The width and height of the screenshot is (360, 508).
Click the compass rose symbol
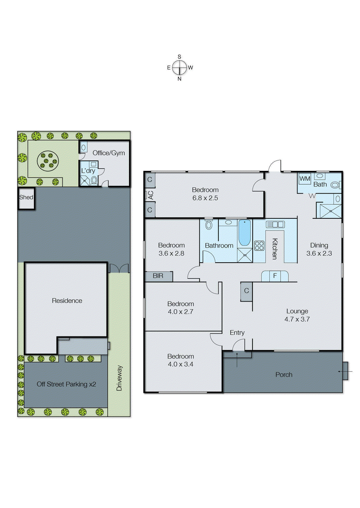180,67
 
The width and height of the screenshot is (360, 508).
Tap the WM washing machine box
304,179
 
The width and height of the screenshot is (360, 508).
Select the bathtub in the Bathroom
244,233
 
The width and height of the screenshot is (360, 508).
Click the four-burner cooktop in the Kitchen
259,246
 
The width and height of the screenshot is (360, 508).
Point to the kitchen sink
275,224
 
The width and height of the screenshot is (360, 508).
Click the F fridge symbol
275,276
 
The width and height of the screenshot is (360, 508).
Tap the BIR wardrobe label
158,276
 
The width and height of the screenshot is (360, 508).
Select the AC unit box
150,195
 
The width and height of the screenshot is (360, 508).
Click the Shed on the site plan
26,197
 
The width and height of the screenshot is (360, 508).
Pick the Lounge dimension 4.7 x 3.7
297,319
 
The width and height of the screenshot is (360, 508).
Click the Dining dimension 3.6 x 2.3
319,253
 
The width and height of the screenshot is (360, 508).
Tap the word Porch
284,375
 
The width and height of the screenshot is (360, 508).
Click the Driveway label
119,378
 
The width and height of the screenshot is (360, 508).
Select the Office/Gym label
109,153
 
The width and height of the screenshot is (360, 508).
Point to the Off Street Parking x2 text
66,384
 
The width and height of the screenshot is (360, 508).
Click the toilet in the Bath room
335,185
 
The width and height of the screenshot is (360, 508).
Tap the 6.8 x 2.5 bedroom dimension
205,198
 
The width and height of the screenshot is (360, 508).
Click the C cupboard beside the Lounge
247,291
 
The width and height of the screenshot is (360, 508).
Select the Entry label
237,332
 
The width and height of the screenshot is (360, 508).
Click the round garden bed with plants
48,161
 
